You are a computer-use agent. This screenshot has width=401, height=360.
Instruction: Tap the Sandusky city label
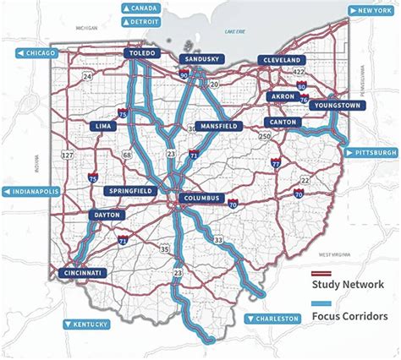point(200,59)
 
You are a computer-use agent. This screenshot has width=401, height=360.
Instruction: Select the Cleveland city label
point(283,61)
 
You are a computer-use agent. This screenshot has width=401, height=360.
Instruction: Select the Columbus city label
point(200,199)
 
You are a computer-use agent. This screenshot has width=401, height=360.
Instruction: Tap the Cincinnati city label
point(83,273)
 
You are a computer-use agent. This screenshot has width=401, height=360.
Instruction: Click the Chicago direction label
point(36,53)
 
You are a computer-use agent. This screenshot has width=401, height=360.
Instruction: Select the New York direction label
point(371,10)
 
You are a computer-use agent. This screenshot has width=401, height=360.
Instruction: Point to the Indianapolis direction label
point(36,192)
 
